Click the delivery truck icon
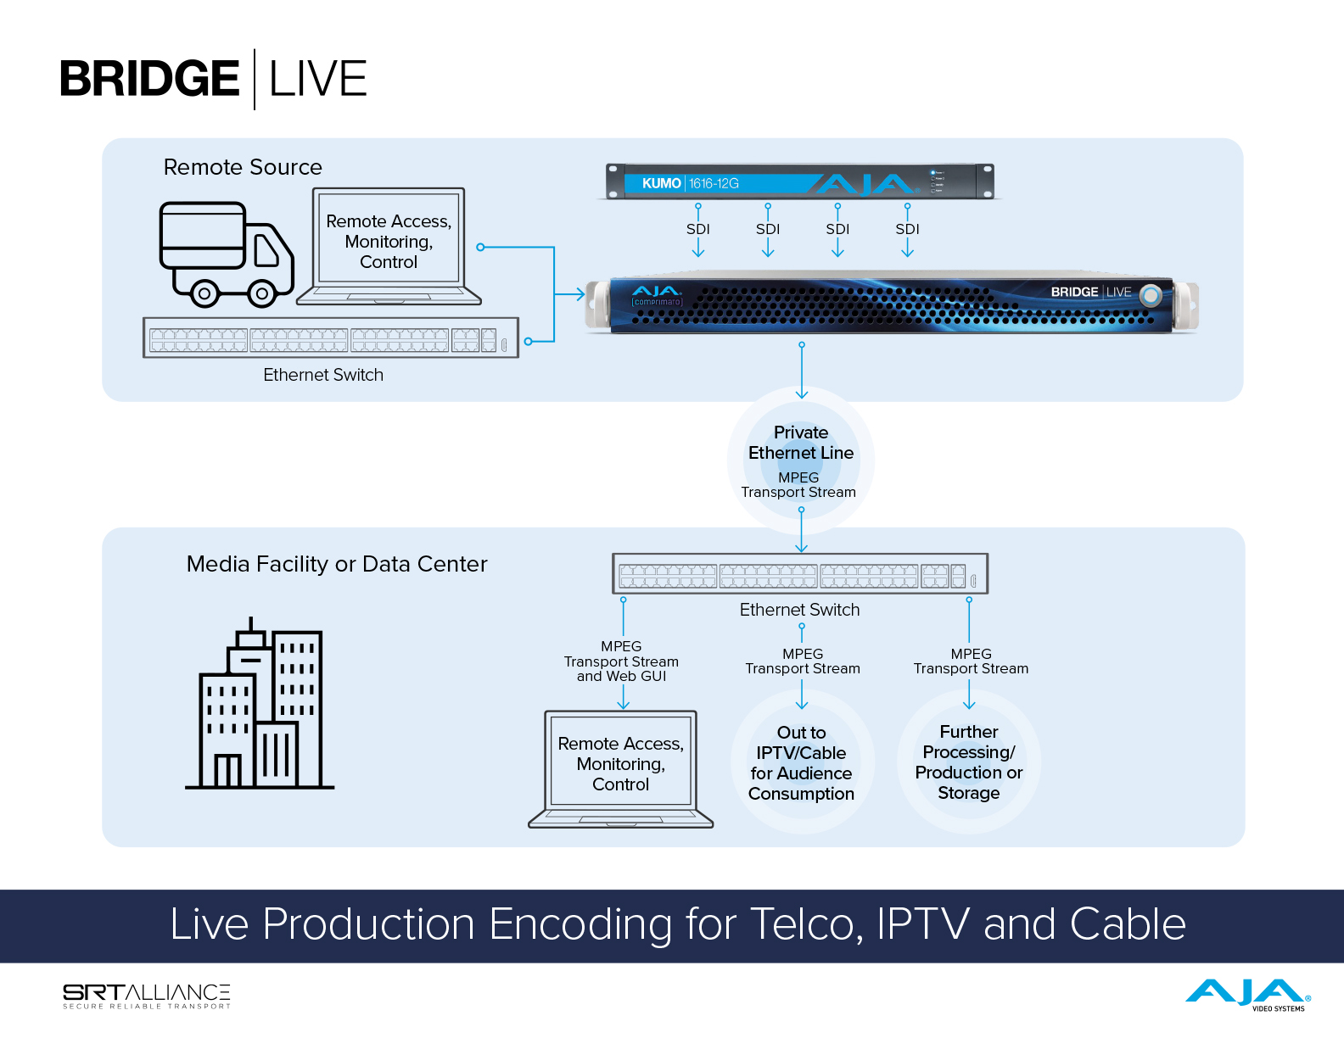pyautogui.click(x=227, y=253)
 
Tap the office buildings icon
pyautogui.click(x=260, y=705)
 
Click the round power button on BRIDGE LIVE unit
pyautogui.click(x=1151, y=295)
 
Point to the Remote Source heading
pyautogui.click(x=243, y=167)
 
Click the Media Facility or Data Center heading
pyautogui.click(x=337, y=564)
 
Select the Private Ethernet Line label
pyautogui.click(x=801, y=443)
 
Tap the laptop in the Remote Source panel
pyautogui.click(x=389, y=246)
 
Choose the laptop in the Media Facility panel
pyautogui.click(x=620, y=768)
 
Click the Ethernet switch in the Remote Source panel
pyautogui.click(x=330, y=338)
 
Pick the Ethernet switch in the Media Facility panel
pyautogui.click(x=800, y=575)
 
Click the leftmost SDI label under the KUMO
pyautogui.click(x=698, y=229)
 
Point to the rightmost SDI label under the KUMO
pyautogui.click(x=907, y=229)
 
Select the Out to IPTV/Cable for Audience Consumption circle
pyautogui.click(x=802, y=762)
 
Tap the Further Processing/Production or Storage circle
pyautogui.click(x=969, y=762)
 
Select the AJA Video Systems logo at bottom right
pyautogui.click(x=1247, y=994)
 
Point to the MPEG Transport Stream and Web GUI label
pyautogui.click(x=621, y=661)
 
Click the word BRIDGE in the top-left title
pyautogui.click(x=149, y=79)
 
